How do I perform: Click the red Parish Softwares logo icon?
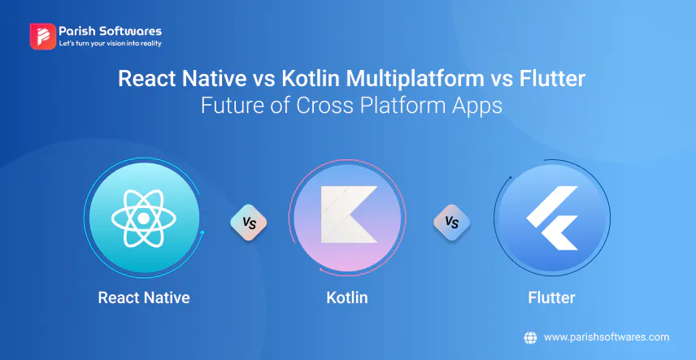point(42,37)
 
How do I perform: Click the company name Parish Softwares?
point(111,31)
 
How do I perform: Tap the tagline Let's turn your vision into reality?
point(110,44)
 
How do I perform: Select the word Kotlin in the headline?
point(311,79)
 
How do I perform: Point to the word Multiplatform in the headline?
point(415,80)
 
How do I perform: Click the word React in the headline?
point(146,79)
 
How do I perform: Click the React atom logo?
point(144,219)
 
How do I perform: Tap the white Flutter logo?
point(553,218)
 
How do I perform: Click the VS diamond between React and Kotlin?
point(249,223)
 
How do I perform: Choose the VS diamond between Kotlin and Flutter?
point(452,223)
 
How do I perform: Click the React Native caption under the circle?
point(144,297)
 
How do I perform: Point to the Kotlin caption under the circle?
point(347,297)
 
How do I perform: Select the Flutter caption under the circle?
point(552,297)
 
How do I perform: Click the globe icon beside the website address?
point(530,337)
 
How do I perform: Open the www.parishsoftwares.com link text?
point(607,337)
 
